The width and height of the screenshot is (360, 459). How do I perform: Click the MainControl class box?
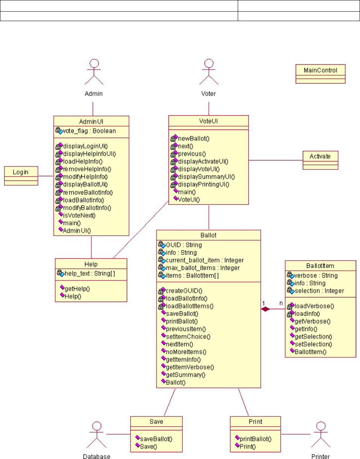(320, 73)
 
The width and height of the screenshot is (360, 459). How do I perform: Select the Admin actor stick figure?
(93, 72)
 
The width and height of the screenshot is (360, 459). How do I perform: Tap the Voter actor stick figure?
(208, 72)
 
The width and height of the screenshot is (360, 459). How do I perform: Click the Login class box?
(21, 175)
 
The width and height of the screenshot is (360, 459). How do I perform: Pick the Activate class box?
(321, 160)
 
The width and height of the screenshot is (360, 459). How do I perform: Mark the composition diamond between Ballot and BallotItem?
(266, 309)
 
